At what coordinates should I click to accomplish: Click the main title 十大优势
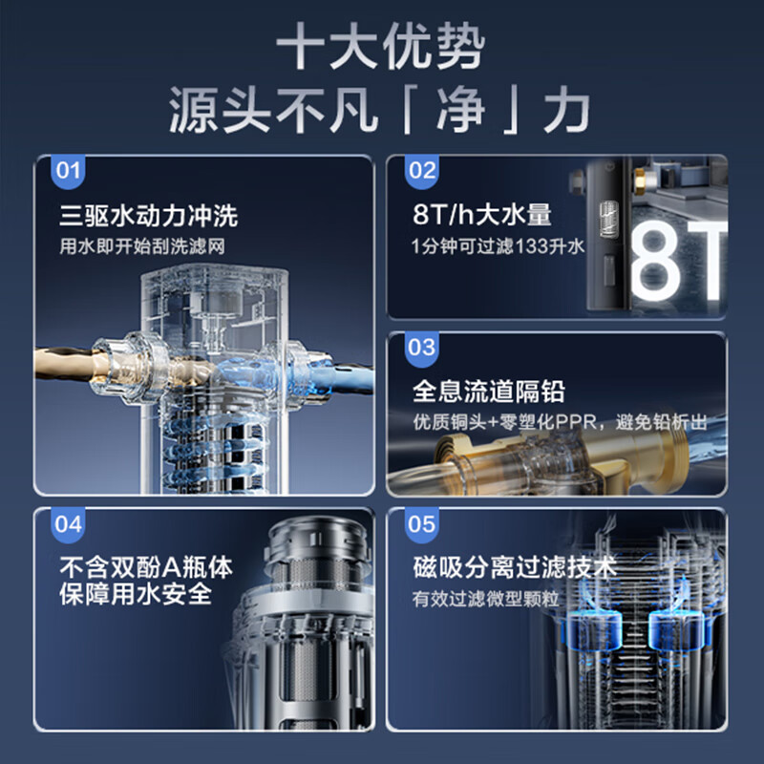pos(381,49)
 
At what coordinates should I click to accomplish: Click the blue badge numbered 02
pos(421,172)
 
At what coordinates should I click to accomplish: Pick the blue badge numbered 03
pos(421,348)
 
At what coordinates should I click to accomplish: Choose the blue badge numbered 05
pos(421,524)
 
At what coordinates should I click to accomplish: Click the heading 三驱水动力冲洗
pos(148,215)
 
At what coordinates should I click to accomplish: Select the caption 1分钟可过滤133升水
pos(497,246)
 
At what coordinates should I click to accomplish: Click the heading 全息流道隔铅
pos(488,392)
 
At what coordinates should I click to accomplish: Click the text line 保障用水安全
pos(135,596)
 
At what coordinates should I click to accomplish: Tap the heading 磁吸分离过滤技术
pos(515,567)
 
